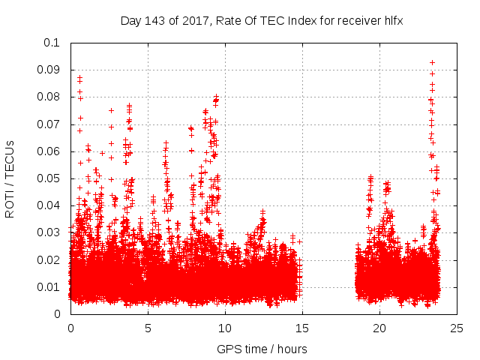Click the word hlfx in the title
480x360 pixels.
[x=393, y=21]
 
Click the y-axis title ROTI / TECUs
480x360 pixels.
[x=10, y=178]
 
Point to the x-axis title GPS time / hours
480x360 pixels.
[x=262, y=349]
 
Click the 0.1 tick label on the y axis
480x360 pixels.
[x=52, y=43]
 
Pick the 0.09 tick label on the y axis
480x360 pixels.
[x=49, y=70]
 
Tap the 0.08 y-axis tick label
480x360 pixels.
[x=49, y=97]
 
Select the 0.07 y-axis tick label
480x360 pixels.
[x=49, y=124]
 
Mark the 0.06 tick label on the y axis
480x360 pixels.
[x=49, y=151]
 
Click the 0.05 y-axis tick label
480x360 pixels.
[x=49, y=178]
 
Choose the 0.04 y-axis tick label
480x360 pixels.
[x=49, y=205]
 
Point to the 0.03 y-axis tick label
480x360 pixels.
[x=49, y=232]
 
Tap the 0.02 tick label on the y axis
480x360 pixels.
[x=49, y=259]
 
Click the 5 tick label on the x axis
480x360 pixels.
[x=148, y=328]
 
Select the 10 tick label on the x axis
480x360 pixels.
[x=225, y=328]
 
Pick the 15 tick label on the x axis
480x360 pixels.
[x=302, y=328]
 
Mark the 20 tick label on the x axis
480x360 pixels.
[x=379, y=328]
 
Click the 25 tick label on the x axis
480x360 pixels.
[x=457, y=328]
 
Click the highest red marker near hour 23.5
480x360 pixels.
[x=432, y=62]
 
